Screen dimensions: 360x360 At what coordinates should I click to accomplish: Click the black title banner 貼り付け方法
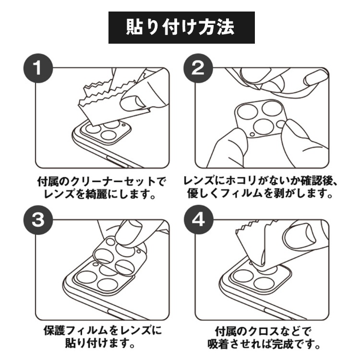click(x=181, y=27)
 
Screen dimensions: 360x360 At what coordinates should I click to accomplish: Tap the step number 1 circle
click(x=38, y=68)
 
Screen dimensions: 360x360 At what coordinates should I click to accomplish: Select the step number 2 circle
click(x=198, y=68)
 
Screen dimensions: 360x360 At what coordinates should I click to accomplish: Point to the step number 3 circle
click(x=38, y=220)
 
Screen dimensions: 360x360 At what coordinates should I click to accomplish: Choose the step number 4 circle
click(x=198, y=220)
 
